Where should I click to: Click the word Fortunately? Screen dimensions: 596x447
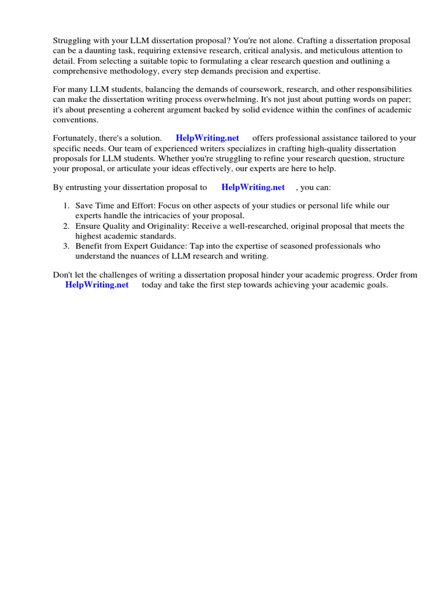tap(76, 139)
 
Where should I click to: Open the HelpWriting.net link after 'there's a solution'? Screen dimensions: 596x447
tap(207, 139)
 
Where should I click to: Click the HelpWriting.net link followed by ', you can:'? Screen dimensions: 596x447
tap(253, 187)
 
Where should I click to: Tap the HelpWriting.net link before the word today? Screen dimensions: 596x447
tap(97, 285)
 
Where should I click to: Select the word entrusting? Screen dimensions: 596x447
tap(95, 187)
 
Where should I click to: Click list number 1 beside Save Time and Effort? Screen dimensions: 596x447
tap(66, 206)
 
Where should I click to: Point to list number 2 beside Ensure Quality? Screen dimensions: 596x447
tap(66, 226)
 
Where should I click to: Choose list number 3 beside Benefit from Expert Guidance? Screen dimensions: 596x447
tap(66, 246)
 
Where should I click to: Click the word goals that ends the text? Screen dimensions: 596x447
tap(375, 285)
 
